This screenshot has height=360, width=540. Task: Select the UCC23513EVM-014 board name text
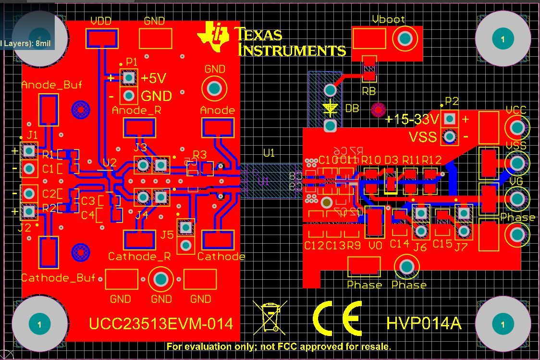click(x=161, y=323)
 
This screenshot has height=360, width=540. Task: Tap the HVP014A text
click(x=424, y=323)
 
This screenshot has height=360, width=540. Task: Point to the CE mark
click(x=337, y=318)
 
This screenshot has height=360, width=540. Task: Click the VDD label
click(x=101, y=21)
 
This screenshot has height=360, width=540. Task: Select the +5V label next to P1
click(x=154, y=78)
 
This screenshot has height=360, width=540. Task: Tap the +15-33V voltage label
click(x=413, y=119)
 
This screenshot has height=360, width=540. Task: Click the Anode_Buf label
click(x=51, y=85)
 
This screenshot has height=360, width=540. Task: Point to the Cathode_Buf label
click(x=58, y=278)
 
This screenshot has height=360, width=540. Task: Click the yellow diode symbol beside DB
click(x=330, y=108)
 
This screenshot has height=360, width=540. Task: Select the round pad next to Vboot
click(x=405, y=38)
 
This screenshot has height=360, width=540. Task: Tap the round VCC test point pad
click(x=517, y=127)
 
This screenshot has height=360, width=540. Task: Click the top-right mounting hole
click(x=503, y=39)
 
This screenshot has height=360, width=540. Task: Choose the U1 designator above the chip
click(x=269, y=153)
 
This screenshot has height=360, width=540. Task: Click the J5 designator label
click(x=167, y=235)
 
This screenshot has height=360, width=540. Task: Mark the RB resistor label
click(x=368, y=91)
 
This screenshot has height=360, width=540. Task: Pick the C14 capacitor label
click(x=399, y=244)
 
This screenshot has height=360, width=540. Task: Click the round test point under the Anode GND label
click(x=214, y=88)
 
